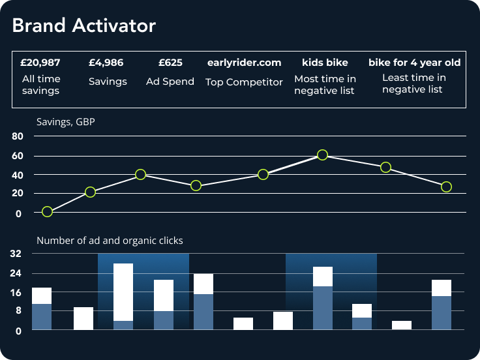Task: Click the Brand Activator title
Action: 84,25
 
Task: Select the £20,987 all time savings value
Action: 40,63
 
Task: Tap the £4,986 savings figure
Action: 106,63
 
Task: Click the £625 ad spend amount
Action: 170,63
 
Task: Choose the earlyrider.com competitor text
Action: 244,63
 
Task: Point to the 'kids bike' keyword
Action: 325,63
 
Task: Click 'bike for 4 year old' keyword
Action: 415,63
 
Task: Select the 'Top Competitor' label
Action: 244,82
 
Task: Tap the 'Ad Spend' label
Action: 170,82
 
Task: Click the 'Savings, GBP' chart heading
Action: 66,121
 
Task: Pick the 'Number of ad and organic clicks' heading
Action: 110,241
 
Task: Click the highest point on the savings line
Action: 322,155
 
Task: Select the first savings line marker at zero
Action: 47,211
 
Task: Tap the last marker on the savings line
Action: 446,187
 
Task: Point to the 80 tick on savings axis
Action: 17,136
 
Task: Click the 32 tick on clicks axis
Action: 17,254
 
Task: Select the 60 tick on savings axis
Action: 17,156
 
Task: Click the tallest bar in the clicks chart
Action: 123,297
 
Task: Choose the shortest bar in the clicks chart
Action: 402,325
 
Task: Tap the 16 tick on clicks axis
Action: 17,293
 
